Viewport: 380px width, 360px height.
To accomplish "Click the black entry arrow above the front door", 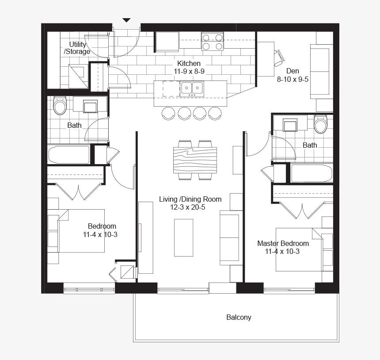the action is click(126, 20).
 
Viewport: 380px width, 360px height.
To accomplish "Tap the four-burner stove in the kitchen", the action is click(212, 42).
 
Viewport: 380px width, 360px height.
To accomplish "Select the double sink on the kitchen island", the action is click(192, 89).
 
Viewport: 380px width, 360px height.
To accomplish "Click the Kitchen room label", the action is click(189, 63).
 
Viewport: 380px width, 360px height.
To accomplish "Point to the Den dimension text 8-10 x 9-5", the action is click(293, 79).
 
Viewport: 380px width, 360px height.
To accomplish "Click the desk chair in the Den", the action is click(279, 58).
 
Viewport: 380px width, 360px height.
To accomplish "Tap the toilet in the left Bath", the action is click(60, 106).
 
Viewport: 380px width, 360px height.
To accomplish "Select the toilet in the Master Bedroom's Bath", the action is click(321, 124).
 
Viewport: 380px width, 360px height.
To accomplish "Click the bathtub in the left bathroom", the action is click(69, 154).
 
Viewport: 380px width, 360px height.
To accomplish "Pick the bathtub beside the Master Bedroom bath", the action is click(312, 173).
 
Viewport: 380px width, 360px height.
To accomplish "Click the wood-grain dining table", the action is click(195, 160).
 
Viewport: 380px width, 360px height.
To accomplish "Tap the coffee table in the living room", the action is click(184, 238).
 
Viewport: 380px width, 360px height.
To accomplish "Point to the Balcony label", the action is click(239, 317).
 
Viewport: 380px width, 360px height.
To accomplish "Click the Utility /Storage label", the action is click(77, 48).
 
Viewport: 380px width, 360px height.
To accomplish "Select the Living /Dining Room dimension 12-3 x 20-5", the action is click(188, 207).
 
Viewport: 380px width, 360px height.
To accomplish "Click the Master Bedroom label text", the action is click(283, 243).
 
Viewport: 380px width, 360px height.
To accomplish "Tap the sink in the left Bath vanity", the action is click(90, 107).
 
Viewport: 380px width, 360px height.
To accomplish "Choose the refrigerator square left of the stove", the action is click(167, 42).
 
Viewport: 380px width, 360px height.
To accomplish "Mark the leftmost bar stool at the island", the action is click(168, 113).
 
